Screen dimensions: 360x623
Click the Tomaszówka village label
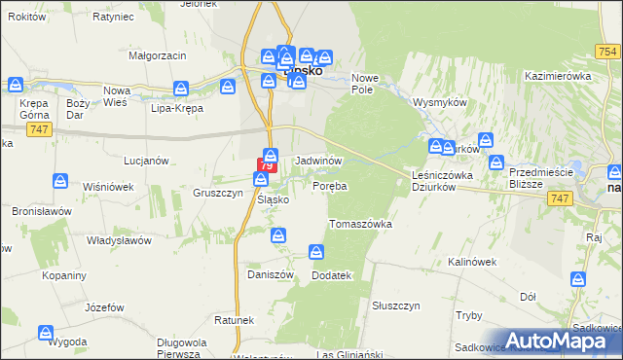pyautogui.click(x=360, y=224)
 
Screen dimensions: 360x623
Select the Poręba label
pyautogui.click(x=330, y=185)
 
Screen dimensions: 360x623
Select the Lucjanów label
pyautogui.click(x=147, y=160)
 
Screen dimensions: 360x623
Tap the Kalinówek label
pyautogui.click(x=473, y=262)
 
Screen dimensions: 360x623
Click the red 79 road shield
pyautogui.click(x=269, y=162)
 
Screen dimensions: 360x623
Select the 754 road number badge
pyautogui.click(x=608, y=52)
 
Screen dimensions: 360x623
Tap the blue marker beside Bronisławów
pyautogui.click(x=60, y=182)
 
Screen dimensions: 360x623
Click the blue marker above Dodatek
pyautogui.click(x=316, y=253)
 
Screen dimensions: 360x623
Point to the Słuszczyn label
pyautogui.click(x=395, y=305)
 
